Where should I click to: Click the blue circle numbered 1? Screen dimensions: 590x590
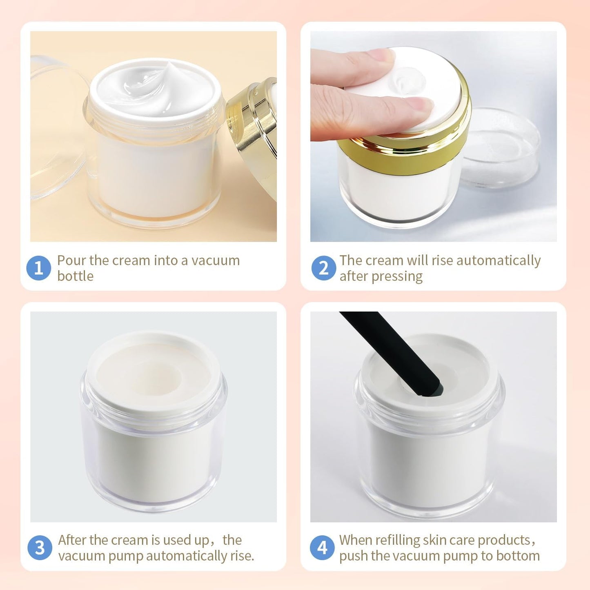38,268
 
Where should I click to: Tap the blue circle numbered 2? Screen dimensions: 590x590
323,268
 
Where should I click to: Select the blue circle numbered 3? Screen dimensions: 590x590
40,548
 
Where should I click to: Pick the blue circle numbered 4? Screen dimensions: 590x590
322,548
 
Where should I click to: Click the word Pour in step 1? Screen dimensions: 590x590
72,260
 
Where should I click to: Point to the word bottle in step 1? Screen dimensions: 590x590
75,276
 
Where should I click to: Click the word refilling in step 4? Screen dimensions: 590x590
398,540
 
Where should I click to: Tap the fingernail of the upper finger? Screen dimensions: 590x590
382,55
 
